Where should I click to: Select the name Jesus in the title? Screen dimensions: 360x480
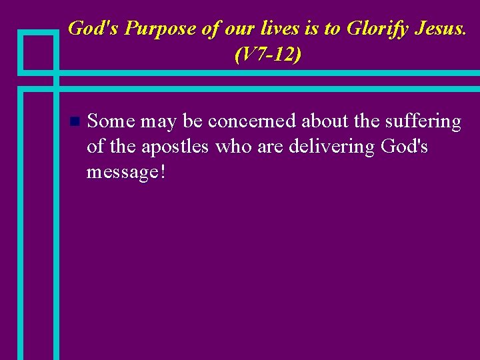[x=440, y=29]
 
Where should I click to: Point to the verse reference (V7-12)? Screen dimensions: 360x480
[x=267, y=55]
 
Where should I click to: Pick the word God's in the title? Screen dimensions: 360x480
[x=93, y=29]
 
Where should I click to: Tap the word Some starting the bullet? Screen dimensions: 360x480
[x=111, y=121]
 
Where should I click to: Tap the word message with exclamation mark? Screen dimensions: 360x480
[x=126, y=172]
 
